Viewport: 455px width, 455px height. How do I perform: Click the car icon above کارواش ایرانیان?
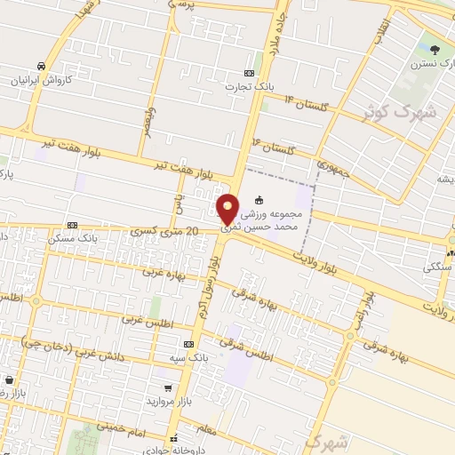42,66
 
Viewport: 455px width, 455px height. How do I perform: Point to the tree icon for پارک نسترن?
435,50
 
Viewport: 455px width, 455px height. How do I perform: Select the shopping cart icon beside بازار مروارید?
169,388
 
